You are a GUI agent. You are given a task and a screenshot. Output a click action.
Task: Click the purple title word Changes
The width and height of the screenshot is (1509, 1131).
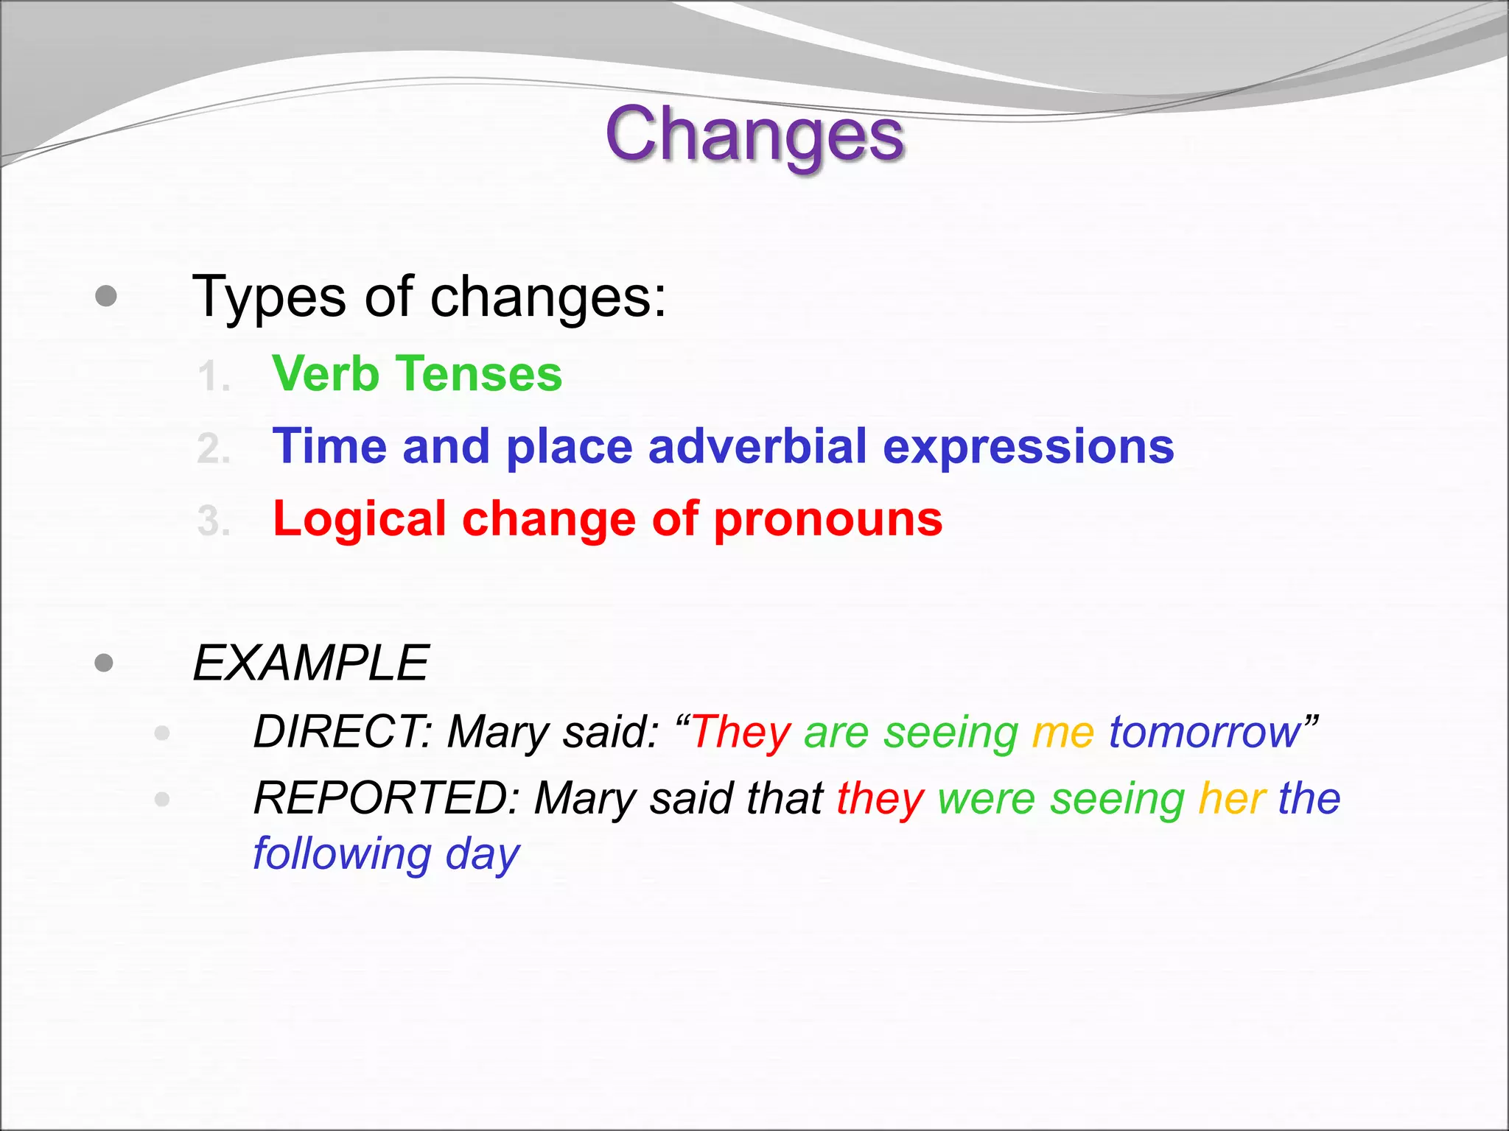754,135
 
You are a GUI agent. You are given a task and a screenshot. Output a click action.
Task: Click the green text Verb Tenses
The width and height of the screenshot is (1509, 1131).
416,374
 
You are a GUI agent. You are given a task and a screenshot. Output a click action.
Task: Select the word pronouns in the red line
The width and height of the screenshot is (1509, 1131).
828,519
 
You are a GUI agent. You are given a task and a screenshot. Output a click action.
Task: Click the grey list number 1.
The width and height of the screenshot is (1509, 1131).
214,377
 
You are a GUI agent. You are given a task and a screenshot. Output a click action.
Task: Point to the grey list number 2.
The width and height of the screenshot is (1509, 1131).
214,449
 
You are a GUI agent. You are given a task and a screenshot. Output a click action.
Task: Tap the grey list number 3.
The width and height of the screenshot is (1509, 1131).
214,521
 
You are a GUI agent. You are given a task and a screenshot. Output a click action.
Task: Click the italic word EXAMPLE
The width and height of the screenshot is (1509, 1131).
310,663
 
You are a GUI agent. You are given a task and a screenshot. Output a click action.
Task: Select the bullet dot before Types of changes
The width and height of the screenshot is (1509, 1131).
106,296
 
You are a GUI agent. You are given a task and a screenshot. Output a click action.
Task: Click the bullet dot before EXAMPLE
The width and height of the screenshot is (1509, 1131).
105,663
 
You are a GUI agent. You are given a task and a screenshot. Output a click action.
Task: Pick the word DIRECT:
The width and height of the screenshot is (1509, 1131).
343,732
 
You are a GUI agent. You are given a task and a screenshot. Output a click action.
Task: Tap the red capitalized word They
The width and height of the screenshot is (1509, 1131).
741,732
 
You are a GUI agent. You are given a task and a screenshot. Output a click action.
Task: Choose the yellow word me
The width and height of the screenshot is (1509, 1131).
1063,732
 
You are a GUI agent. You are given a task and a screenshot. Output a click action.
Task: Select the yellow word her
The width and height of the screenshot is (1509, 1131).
1232,798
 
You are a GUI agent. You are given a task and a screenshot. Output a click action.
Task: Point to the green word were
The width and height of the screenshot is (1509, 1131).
986,798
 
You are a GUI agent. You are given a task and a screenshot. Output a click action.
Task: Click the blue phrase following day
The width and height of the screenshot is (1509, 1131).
386,854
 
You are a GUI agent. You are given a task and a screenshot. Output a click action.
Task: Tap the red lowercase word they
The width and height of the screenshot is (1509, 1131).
880,798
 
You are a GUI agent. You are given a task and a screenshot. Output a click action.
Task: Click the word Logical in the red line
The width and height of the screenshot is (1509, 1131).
360,519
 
